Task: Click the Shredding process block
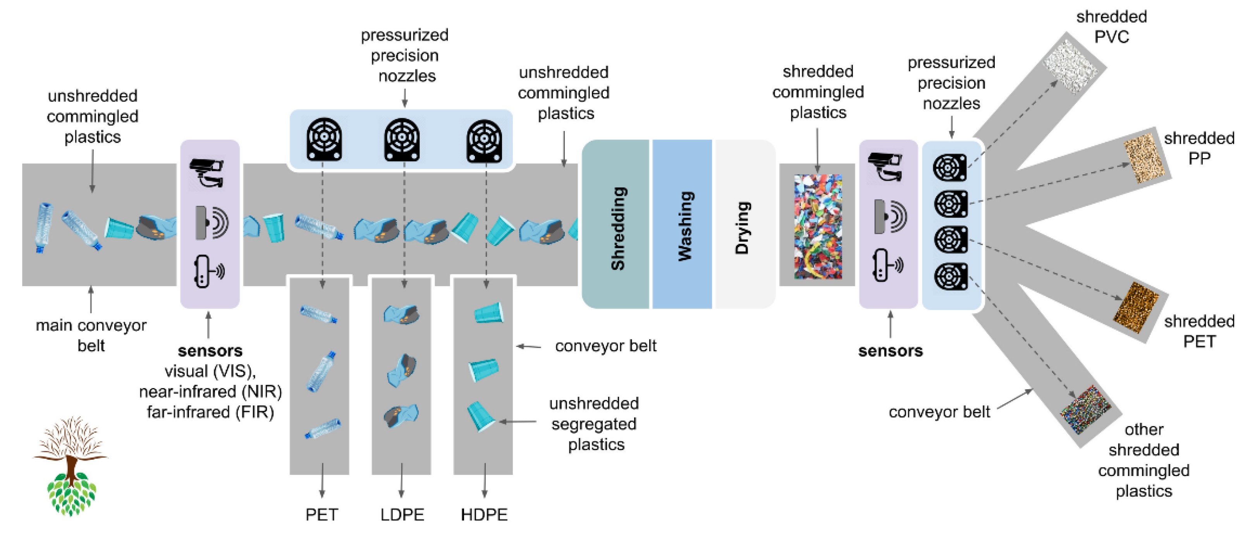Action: point(615,224)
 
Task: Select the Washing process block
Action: point(682,224)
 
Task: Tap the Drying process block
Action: point(743,224)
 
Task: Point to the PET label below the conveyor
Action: point(322,514)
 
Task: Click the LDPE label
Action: point(402,514)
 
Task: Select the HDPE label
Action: point(484,514)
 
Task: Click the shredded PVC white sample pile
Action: point(1073,66)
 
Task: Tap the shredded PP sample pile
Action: point(1143,158)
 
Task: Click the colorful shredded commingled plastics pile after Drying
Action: point(818,226)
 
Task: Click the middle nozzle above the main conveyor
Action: point(402,140)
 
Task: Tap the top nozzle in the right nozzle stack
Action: point(950,167)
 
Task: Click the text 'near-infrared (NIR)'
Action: point(210,391)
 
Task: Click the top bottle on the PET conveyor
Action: point(318,314)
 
